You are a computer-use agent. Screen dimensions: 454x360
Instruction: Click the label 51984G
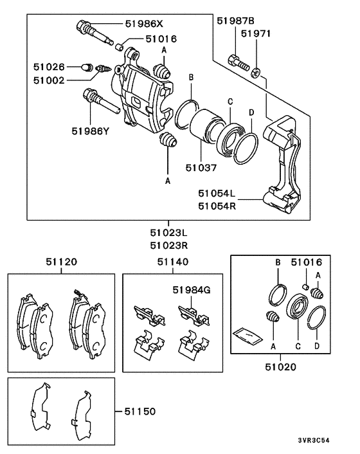tap(191, 291)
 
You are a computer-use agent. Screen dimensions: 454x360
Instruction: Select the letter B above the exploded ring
tap(191, 78)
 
